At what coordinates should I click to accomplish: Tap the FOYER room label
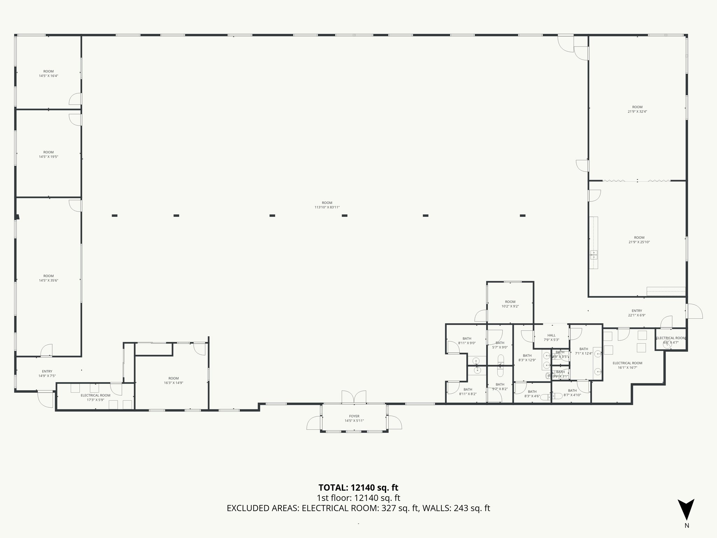354,419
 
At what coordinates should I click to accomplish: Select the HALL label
551,337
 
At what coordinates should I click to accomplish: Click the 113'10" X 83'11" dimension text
327,207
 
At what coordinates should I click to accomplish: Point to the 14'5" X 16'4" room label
48,74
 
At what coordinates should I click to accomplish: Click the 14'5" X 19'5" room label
48,154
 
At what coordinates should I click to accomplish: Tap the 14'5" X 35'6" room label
48,278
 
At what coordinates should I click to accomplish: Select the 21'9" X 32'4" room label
637,109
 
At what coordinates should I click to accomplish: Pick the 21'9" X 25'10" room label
639,240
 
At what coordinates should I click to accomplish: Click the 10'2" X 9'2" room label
510,304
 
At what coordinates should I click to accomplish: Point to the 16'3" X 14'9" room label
173,380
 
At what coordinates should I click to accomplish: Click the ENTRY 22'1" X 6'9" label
637,313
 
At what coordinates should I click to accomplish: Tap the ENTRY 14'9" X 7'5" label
47,373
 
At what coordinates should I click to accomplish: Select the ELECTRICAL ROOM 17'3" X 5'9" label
95,397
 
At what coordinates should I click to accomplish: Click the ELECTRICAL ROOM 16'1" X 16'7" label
627,365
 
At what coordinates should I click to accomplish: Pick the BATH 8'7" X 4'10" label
572,393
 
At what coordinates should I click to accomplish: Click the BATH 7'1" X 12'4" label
584,351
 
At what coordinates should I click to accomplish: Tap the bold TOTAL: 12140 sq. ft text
358,488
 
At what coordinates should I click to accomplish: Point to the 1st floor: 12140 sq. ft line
358,498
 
